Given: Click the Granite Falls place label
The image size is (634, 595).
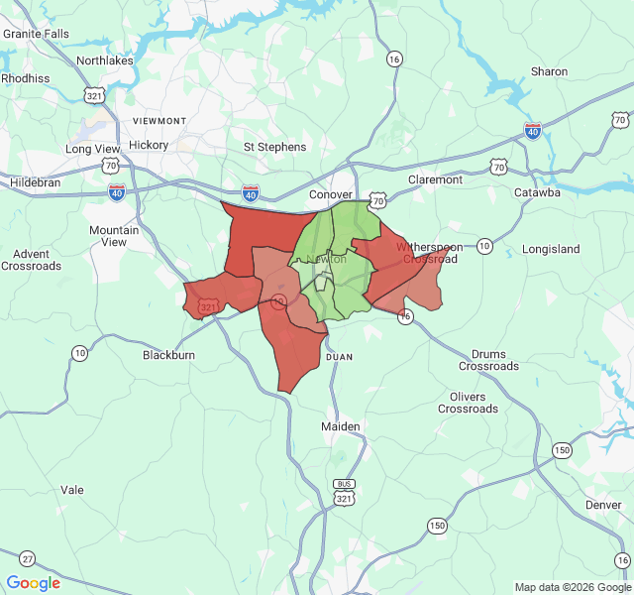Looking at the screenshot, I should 36,33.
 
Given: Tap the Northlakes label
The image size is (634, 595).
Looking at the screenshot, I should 105,60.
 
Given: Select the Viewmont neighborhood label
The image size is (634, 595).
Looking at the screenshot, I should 158,121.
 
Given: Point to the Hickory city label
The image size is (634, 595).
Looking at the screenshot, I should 149,145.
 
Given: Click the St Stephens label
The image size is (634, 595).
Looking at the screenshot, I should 274,147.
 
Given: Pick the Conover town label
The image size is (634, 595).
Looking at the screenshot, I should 331,194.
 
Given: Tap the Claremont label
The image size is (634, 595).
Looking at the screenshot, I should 435,179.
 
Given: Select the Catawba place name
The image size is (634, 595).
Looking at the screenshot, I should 537,192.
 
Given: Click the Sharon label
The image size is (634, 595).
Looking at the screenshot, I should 549,71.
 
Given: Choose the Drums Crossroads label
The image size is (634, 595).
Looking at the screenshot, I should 488,360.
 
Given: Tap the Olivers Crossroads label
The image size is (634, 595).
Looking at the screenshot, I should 468,403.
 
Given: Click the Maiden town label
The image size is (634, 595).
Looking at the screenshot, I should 341,426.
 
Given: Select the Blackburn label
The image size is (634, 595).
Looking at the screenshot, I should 168,355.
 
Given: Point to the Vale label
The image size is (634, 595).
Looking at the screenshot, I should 72,490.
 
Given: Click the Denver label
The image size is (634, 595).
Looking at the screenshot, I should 603,505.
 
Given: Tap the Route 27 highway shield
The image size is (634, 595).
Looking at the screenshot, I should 27,558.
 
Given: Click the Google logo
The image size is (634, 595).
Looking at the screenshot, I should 34,583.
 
